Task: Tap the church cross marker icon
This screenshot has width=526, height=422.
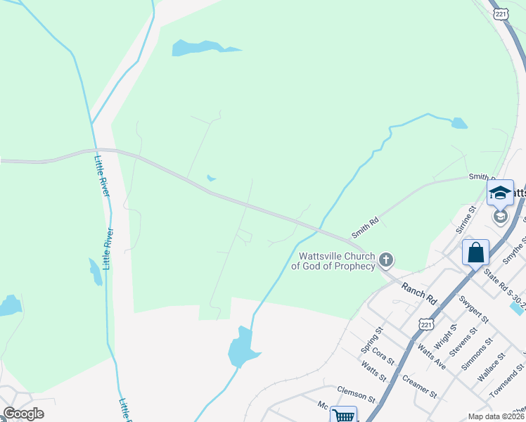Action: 385,260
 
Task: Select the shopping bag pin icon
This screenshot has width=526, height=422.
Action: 475,252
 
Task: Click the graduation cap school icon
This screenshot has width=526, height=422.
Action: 500,192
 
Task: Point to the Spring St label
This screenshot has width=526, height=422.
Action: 372,339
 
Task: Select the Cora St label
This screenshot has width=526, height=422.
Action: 384,354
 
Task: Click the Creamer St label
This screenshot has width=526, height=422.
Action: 420,386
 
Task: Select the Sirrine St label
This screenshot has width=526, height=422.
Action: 465,219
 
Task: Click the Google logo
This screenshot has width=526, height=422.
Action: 23,414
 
